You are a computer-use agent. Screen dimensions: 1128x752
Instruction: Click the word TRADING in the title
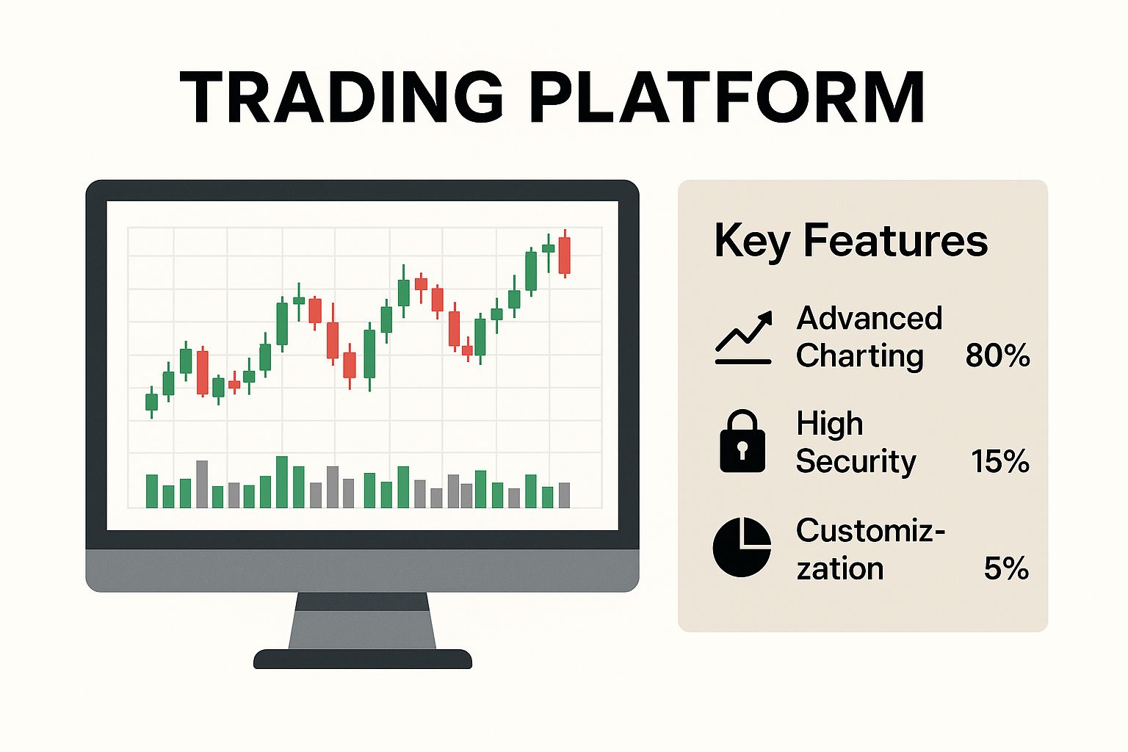tap(341, 96)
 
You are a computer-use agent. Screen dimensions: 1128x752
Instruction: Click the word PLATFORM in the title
tap(726, 96)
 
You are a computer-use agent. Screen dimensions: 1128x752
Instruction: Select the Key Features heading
tap(851, 241)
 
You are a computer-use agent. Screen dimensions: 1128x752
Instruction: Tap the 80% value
tap(997, 355)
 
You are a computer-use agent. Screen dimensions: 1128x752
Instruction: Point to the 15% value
tap(1000, 461)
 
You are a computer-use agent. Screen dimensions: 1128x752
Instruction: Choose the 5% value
tap(1006, 568)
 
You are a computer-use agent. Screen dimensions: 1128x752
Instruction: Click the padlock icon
tap(742, 441)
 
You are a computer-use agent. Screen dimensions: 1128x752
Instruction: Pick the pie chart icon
tap(742, 546)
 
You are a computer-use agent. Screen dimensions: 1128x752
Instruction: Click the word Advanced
tap(869, 318)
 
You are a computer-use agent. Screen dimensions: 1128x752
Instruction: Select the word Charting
tap(860, 356)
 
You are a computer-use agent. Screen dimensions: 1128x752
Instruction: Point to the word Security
tap(856, 461)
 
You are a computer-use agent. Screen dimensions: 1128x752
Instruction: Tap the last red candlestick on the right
tap(565, 255)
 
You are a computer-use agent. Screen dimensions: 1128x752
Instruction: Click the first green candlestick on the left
tap(151, 402)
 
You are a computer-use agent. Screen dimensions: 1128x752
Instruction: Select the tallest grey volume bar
tap(202, 484)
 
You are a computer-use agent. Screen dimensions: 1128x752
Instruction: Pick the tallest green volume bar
tap(282, 482)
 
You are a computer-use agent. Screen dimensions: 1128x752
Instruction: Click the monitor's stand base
tap(363, 659)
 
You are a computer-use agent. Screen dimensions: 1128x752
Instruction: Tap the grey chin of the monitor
tap(363, 570)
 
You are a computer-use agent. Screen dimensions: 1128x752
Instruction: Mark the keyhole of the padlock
tap(742, 449)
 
